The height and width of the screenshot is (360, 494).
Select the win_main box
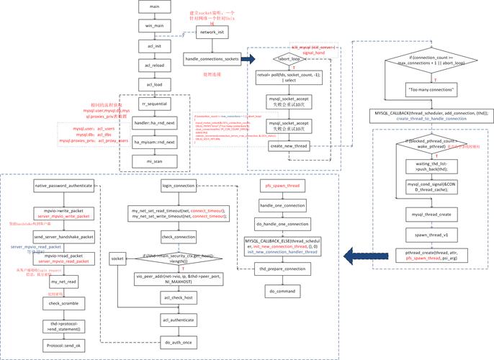pyautogui.click(x=153, y=25)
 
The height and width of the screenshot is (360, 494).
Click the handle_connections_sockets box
pyautogui.click(x=212, y=58)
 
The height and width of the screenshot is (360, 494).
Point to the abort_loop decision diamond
pyautogui.click(x=289, y=60)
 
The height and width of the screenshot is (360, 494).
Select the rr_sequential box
pyautogui.click(x=153, y=104)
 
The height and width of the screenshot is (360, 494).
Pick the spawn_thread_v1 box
pyautogui.click(x=431, y=235)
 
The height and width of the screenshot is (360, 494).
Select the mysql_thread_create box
pyautogui.click(x=431, y=215)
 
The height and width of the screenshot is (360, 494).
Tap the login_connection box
pyautogui.click(x=179, y=185)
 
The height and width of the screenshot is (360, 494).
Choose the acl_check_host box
pyautogui.click(x=179, y=296)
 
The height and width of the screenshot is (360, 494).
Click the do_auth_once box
pyautogui.click(x=179, y=343)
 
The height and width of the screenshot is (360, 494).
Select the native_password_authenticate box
pyautogui.click(x=63, y=185)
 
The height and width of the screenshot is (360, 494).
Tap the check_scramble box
pyautogui.click(x=63, y=303)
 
